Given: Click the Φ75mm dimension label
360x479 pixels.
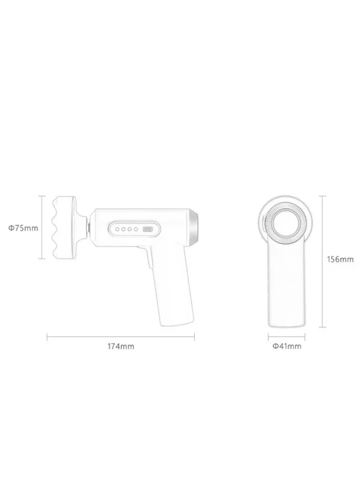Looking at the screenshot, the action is tap(24, 228).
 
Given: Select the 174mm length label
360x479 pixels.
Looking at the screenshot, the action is tap(121, 347).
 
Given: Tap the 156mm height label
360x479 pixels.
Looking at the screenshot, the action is tap(340, 259).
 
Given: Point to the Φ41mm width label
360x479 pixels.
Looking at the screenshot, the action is tap(287, 346).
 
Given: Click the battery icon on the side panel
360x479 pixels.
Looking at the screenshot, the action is tap(148, 229).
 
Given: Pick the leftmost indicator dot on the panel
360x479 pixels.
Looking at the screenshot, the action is tap(117, 229).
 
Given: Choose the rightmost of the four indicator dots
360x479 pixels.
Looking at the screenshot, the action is tap(135, 229).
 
